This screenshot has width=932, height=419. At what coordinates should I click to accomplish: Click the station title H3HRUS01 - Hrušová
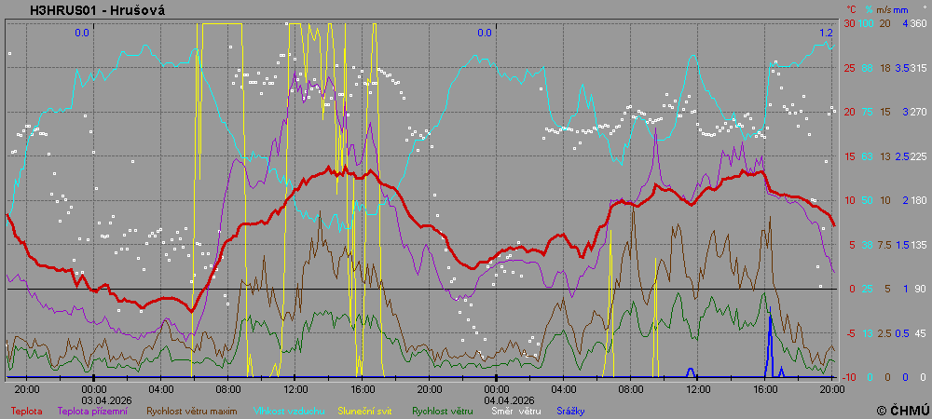pos(84,10)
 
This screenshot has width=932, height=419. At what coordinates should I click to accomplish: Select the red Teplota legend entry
pos(27,410)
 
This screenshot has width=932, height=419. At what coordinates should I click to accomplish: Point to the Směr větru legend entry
pos(515,410)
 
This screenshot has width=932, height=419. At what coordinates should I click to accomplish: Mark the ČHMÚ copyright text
pos(902,410)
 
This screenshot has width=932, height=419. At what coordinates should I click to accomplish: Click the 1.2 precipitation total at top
pos(827,33)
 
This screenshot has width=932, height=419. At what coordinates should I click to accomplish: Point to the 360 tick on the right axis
pos(918,23)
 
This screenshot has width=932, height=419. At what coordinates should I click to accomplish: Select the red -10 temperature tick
pos(849,377)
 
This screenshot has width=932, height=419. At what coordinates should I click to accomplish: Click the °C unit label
pos(851,9)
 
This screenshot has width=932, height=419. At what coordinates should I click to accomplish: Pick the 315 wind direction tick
pos(918,68)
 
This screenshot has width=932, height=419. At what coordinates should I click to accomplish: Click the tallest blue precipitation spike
pos(770,335)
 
